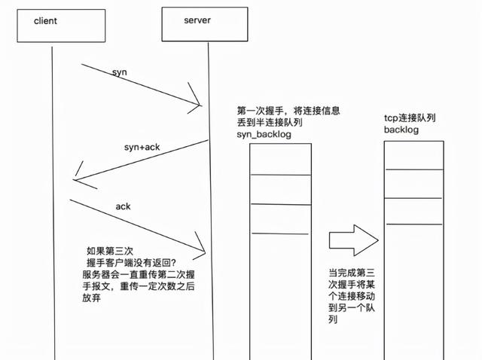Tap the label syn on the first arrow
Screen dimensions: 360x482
pyautogui.click(x=119, y=73)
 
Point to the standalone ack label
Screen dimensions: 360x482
pyautogui.click(x=123, y=206)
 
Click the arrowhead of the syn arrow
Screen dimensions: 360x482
pyautogui.click(x=197, y=103)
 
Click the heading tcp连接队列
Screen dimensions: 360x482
pyautogui.click(x=409, y=118)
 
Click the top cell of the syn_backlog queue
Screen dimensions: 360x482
pyautogui.click(x=280, y=159)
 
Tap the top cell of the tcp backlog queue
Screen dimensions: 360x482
pyautogui.click(x=413, y=154)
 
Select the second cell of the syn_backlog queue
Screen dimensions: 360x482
pyautogui.click(x=280, y=189)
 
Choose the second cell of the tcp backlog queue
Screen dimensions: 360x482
pyautogui.click(x=413, y=183)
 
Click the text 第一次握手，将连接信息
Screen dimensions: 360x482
pyautogui.click(x=288, y=110)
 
